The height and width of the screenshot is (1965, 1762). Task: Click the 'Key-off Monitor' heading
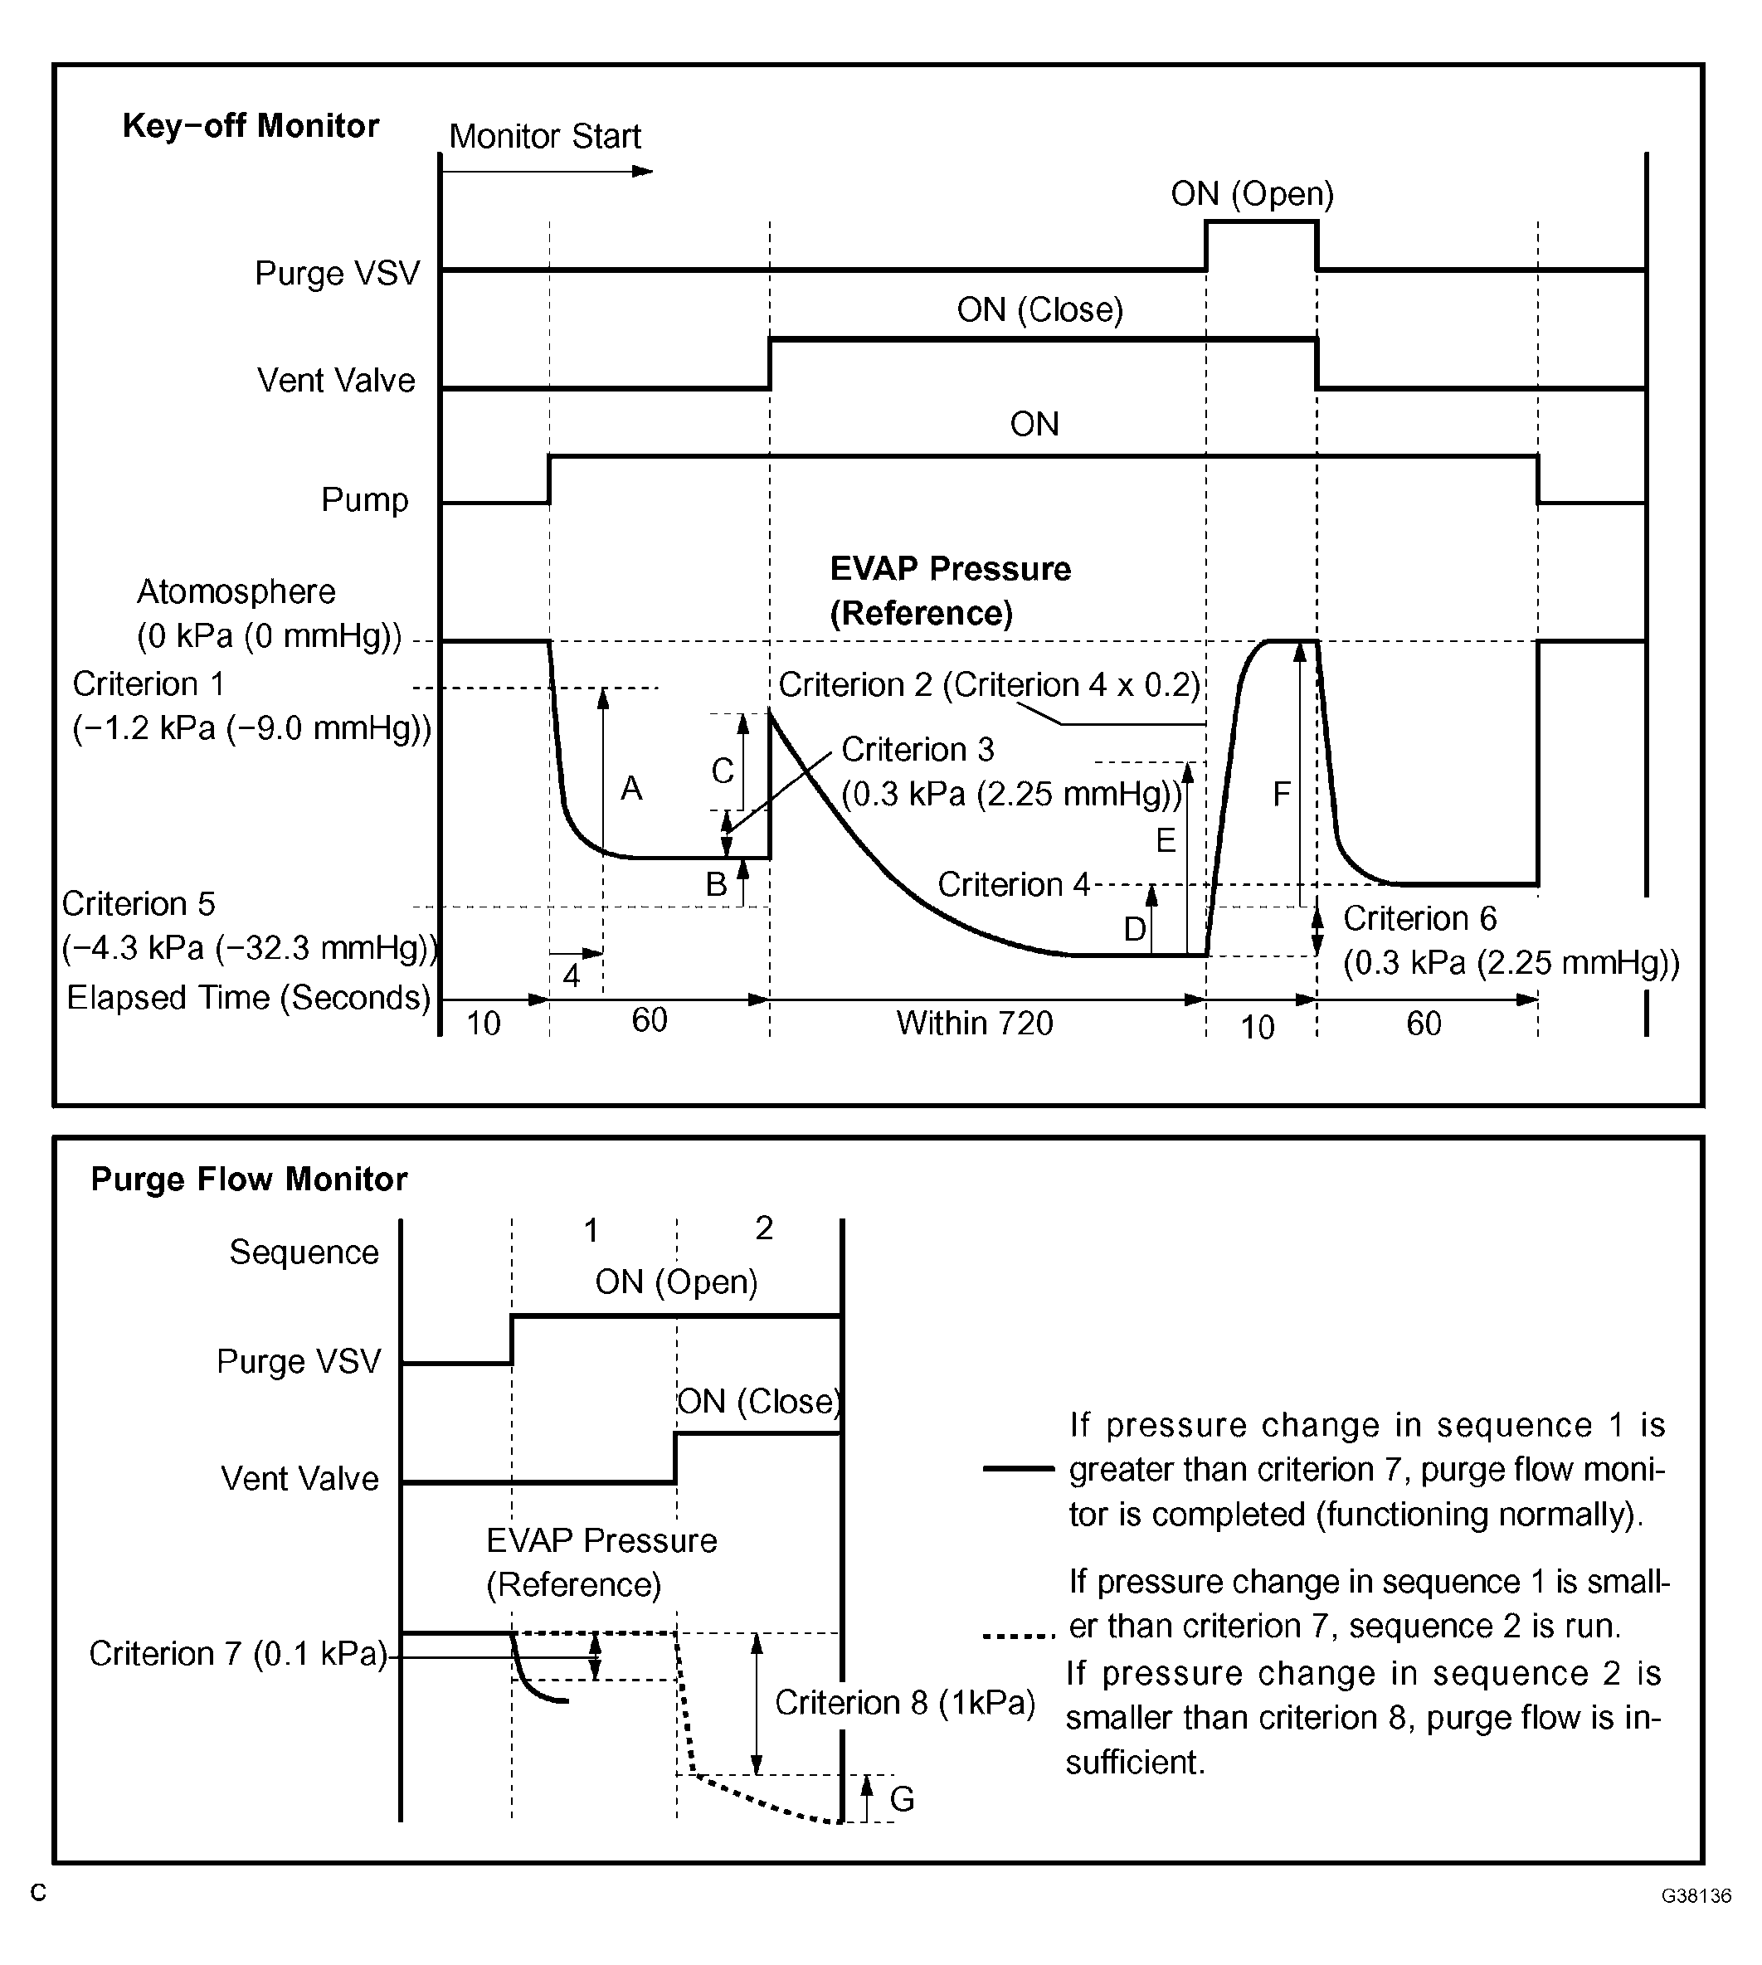[x=250, y=126]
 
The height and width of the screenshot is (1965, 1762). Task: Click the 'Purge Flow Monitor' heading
[x=249, y=1179]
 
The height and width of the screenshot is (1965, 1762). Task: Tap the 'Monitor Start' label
[x=544, y=137]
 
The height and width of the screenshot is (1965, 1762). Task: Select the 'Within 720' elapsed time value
[x=974, y=1024]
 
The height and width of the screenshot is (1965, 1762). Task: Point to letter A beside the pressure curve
[x=631, y=789]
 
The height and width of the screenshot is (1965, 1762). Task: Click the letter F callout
[x=1281, y=795]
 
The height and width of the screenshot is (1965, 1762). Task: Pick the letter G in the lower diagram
[x=902, y=1798]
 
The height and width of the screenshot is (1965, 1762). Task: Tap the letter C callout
[x=723, y=771]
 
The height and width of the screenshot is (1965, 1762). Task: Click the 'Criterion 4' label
[x=1013, y=885]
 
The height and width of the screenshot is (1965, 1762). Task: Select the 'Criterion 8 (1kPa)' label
[x=904, y=1703]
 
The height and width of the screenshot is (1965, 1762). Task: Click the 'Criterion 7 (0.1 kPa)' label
[x=238, y=1653]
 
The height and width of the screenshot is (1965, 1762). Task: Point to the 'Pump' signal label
[x=364, y=500]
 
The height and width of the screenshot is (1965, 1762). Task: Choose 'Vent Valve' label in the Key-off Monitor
[x=336, y=381]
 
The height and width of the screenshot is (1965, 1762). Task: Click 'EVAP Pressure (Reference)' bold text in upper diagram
[x=950, y=591]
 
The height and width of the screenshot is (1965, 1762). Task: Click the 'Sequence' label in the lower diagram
[x=304, y=1252]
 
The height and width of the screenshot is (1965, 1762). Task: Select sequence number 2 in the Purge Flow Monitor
[x=764, y=1228]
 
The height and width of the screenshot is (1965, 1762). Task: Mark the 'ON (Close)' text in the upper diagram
[x=1039, y=309]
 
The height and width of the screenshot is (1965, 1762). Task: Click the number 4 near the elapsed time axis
[x=572, y=975]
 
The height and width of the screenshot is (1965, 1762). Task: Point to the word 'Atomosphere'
[x=236, y=591]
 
